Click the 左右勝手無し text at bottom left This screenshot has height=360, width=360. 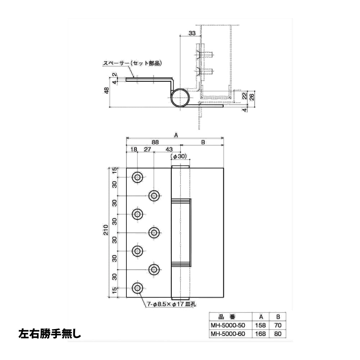[x=49, y=333]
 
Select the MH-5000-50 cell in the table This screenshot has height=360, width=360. [x=227, y=325]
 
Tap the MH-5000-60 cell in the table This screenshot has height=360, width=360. [x=227, y=333]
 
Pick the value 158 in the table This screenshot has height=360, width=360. [x=260, y=325]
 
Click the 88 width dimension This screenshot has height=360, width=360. [x=155, y=142]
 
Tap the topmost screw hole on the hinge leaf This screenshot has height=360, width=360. [x=137, y=177]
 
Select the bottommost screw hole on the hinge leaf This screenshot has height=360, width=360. [x=137, y=288]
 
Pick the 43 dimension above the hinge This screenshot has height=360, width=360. [x=168, y=149]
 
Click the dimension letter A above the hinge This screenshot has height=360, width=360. [x=176, y=135]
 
